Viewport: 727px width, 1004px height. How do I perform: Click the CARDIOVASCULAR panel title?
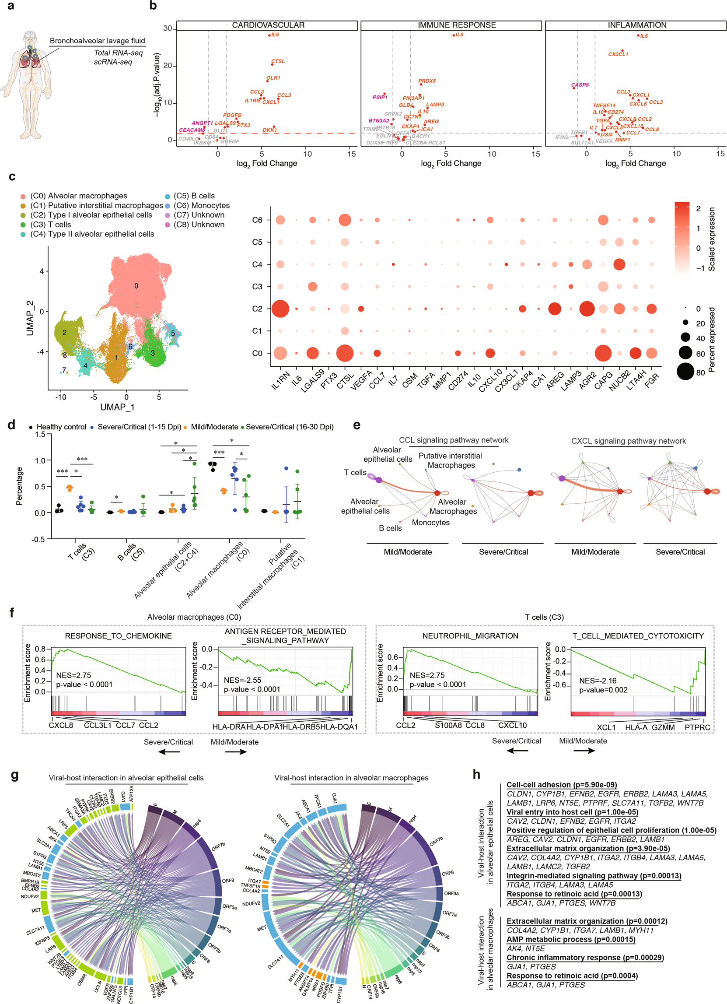[x=268, y=25]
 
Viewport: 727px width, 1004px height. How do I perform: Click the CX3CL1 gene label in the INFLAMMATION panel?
[x=618, y=54]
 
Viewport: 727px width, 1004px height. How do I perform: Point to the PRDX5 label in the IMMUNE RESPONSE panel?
[x=427, y=81]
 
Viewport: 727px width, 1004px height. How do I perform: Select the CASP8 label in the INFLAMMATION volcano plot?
[x=580, y=85]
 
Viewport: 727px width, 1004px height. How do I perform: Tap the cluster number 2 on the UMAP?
[x=65, y=333]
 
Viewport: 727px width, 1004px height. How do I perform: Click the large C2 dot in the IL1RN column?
[x=280, y=309]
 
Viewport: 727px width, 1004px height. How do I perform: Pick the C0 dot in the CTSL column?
[x=345, y=353]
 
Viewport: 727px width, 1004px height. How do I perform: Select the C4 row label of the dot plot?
[x=257, y=265]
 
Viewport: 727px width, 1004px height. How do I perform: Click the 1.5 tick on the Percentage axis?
[x=40, y=435]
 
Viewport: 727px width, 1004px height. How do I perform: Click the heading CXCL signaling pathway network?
[x=628, y=441]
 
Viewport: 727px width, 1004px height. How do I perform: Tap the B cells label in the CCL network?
[x=390, y=528]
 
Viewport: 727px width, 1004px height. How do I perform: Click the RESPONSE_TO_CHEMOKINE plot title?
[x=118, y=635]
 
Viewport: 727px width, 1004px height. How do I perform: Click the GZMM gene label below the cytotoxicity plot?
[x=663, y=727]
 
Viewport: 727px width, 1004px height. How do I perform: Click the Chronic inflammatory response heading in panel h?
[x=585, y=958]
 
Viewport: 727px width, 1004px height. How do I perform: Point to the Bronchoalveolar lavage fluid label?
[x=98, y=41]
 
